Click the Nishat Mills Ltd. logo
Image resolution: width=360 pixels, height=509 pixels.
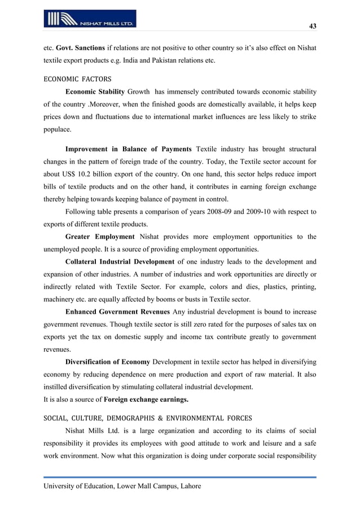pyautogui.click(x=90, y=19)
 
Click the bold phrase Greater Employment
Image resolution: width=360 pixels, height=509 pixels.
pyautogui.click(x=100, y=236)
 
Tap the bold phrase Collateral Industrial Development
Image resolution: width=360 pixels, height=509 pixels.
pyautogui.click(x=120, y=261)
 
